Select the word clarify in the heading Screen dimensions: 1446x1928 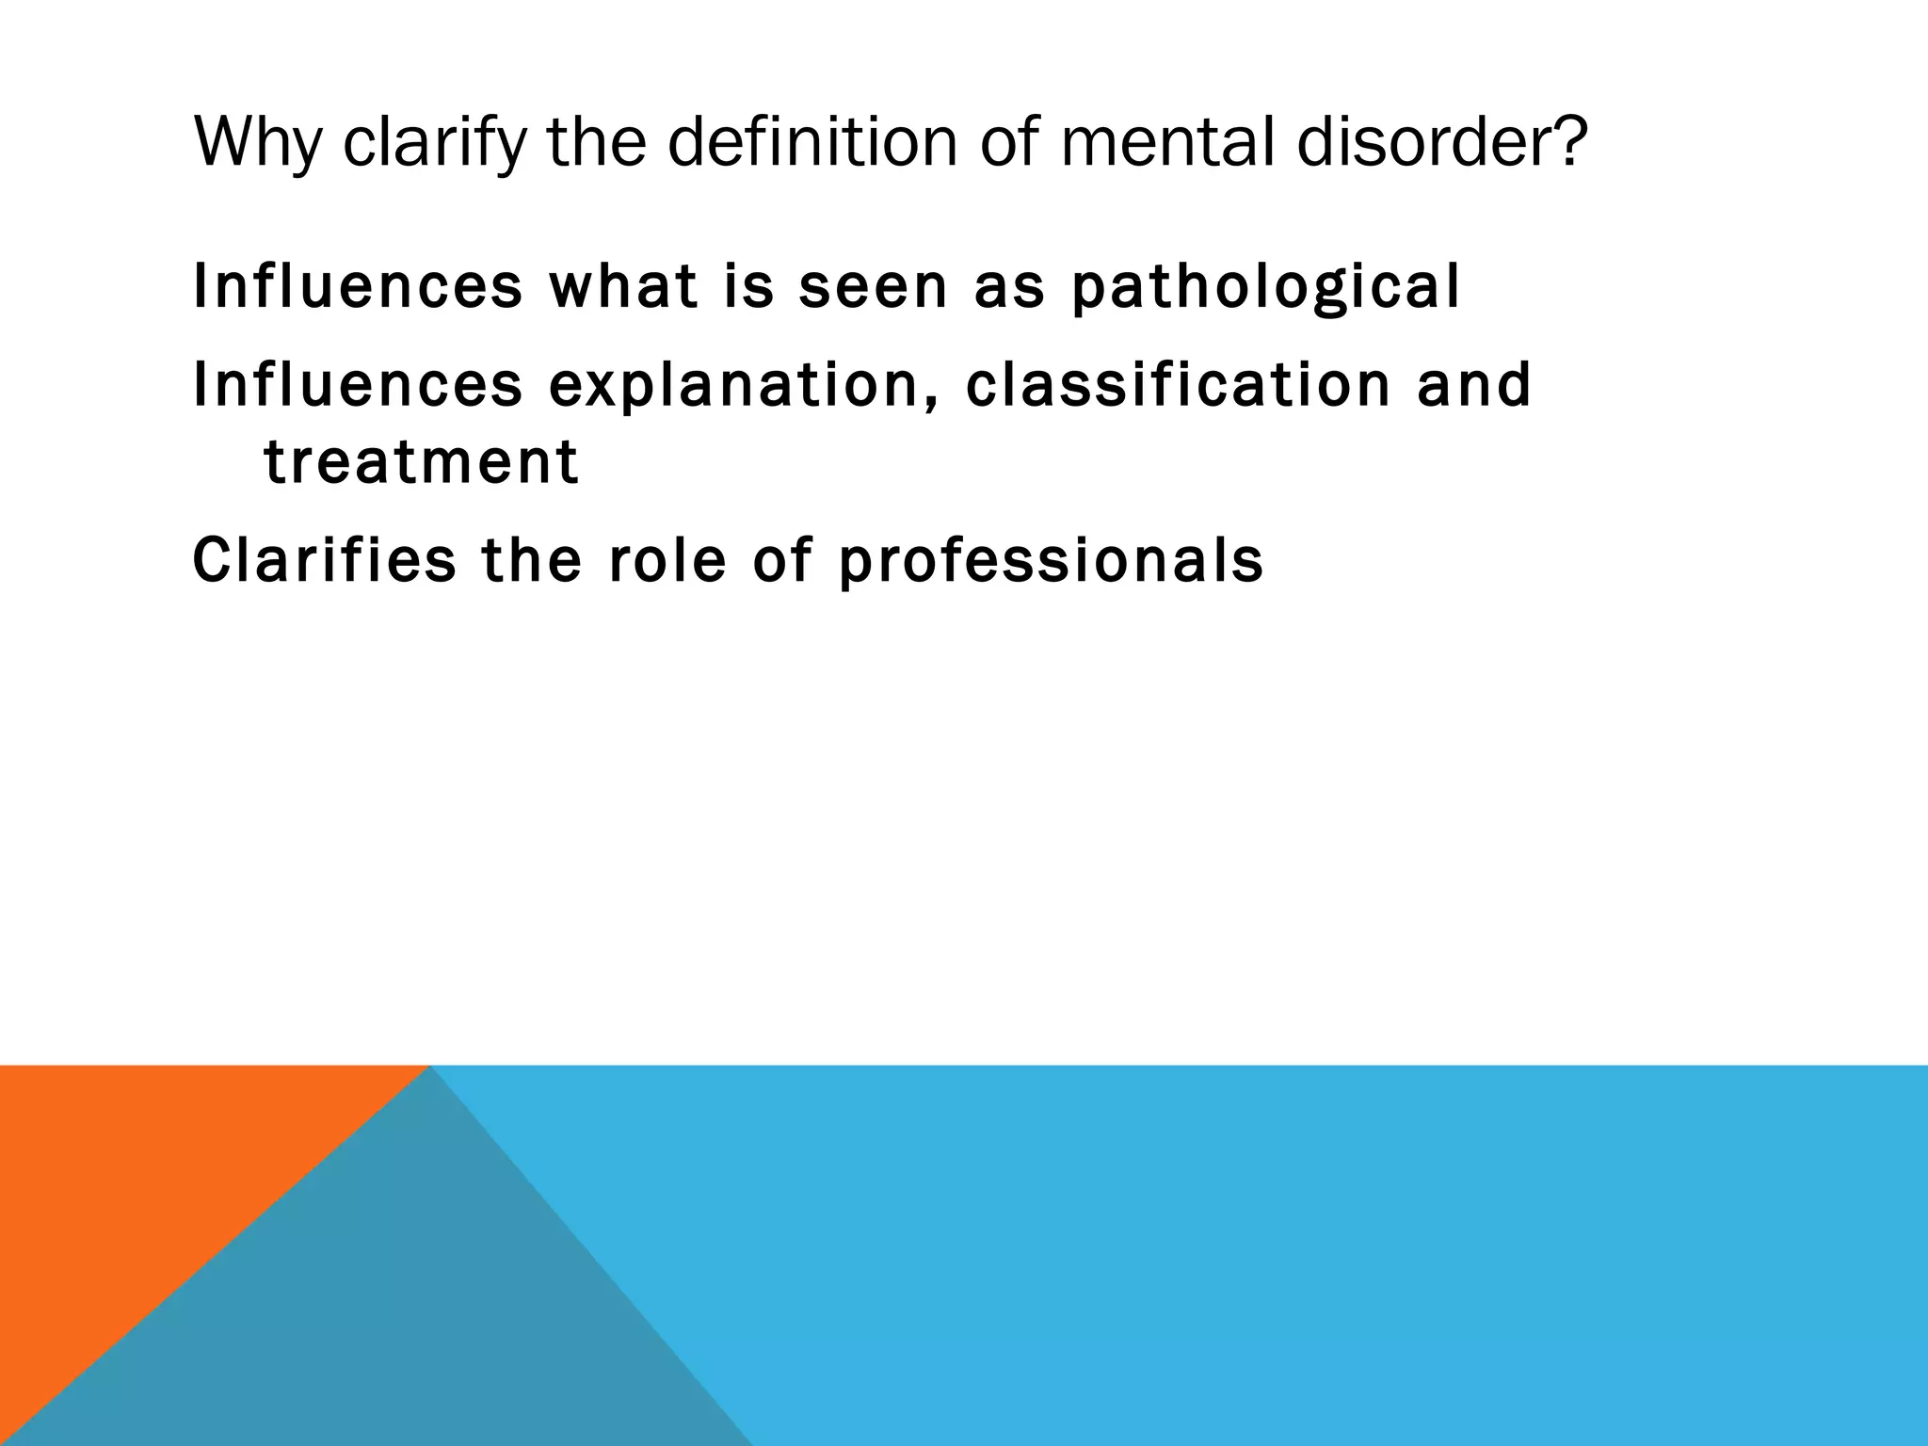pos(433,143)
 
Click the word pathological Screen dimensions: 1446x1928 pos(1265,287)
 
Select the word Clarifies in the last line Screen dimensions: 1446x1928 pos(324,560)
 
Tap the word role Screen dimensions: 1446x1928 pos(667,560)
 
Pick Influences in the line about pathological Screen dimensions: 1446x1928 pos(358,286)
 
